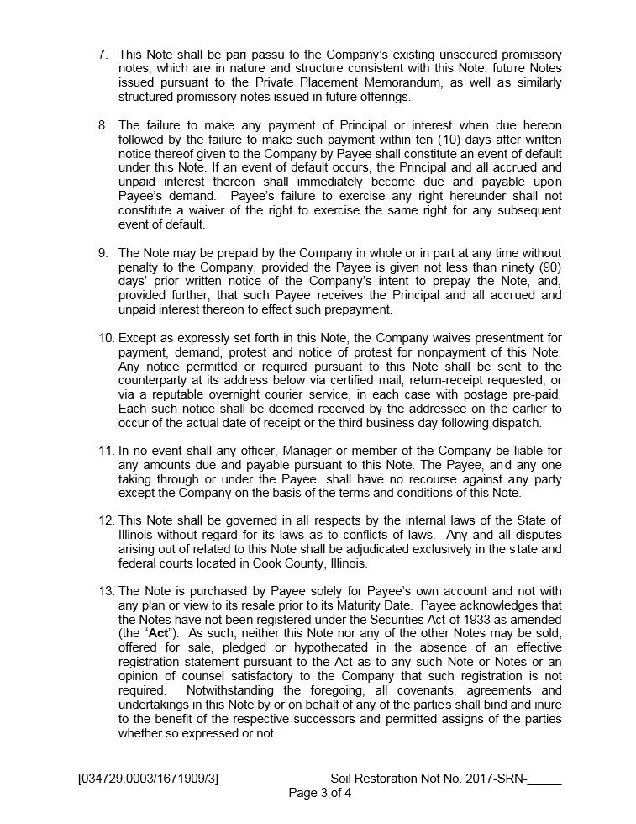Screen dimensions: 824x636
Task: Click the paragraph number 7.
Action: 103,55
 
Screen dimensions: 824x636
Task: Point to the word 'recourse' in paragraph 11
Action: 414,479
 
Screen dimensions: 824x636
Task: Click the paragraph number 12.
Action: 107,521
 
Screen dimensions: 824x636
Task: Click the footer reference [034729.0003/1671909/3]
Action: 148,779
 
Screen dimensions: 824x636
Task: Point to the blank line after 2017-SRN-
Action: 544,779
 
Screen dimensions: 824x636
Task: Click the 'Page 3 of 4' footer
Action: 319,793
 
